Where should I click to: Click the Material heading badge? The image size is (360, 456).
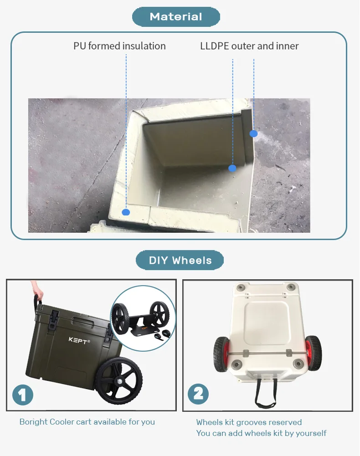point(176,17)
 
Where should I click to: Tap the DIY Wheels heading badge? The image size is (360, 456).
point(180,261)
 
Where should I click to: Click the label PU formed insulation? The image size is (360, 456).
point(119,46)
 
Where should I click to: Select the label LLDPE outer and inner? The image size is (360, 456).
point(249,46)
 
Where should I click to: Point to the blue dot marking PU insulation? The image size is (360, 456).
point(126,212)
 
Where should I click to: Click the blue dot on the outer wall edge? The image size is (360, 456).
point(254,133)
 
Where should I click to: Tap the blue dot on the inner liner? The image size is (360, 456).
point(232,168)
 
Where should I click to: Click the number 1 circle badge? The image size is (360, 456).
point(23,394)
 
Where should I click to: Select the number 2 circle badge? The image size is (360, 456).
point(198,393)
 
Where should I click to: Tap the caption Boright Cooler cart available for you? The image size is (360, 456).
point(87,422)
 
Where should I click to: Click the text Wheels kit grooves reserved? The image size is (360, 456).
point(249,422)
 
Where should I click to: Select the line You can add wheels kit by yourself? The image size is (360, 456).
point(261,433)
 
